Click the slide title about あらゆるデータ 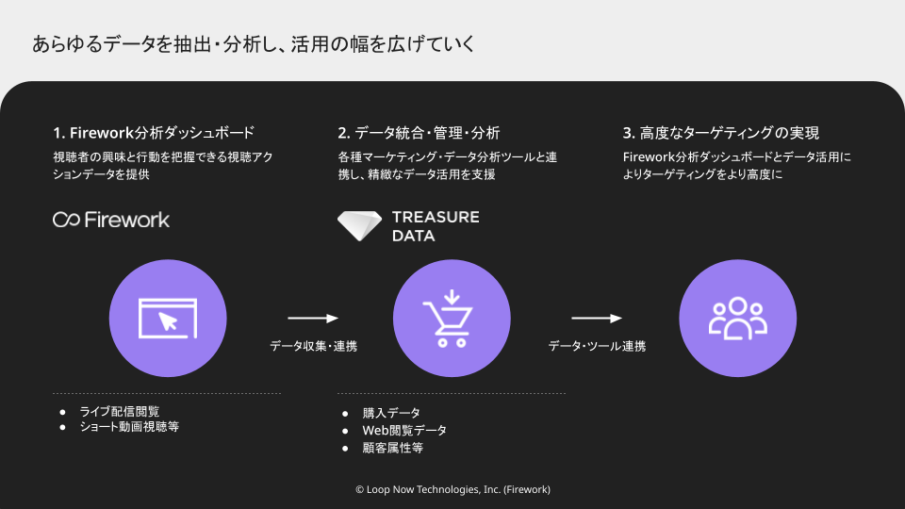(x=254, y=44)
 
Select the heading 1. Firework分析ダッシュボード (x=154, y=133)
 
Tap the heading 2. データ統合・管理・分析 (x=419, y=133)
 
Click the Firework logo (x=111, y=220)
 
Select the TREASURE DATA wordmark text (x=435, y=226)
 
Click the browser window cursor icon (x=168, y=318)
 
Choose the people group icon (x=737, y=318)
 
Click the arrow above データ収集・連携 (x=313, y=318)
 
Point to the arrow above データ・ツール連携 (x=597, y=318)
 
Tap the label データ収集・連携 (x=313, y=347)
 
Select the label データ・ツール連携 (x=597, y=347)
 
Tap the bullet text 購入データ (x=391, y=413)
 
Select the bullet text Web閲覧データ (x=404, y=430)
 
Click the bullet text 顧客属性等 (x=392, y=448)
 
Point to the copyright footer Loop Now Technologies (x=452, y=489)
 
